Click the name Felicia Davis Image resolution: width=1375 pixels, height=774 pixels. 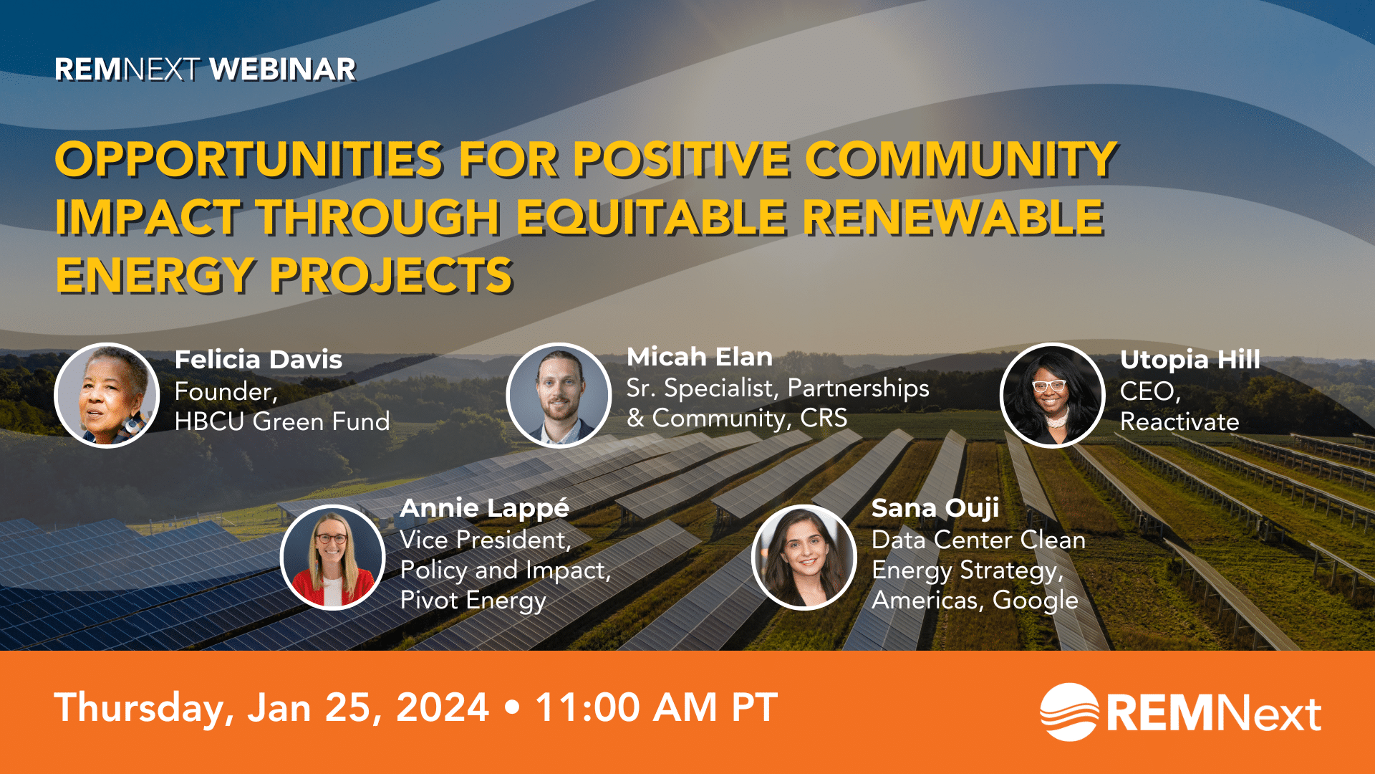259,360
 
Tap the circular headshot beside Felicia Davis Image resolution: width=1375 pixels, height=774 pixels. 107,396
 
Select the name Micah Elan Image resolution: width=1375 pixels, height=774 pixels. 700,357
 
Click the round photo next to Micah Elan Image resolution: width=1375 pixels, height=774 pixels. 559,395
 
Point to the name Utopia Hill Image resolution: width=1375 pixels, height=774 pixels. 1190,360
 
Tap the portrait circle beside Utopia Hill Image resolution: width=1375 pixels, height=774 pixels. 1052,396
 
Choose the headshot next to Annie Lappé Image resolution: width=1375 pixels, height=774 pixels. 333,557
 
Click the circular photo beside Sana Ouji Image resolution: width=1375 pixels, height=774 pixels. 804,557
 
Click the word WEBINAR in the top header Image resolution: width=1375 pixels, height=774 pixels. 282,70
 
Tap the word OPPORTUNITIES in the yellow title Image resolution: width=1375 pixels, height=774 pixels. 249,158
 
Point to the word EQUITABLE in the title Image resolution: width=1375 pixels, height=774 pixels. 651,217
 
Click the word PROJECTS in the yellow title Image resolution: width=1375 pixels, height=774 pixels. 391,276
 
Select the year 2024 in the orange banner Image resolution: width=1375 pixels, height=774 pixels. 443,707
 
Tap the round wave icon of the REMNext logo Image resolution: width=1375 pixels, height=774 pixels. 1069,712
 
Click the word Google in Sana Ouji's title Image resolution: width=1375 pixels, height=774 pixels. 1036,601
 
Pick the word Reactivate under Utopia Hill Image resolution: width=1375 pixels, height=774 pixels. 1179,421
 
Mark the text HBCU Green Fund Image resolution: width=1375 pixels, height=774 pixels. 282,421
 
